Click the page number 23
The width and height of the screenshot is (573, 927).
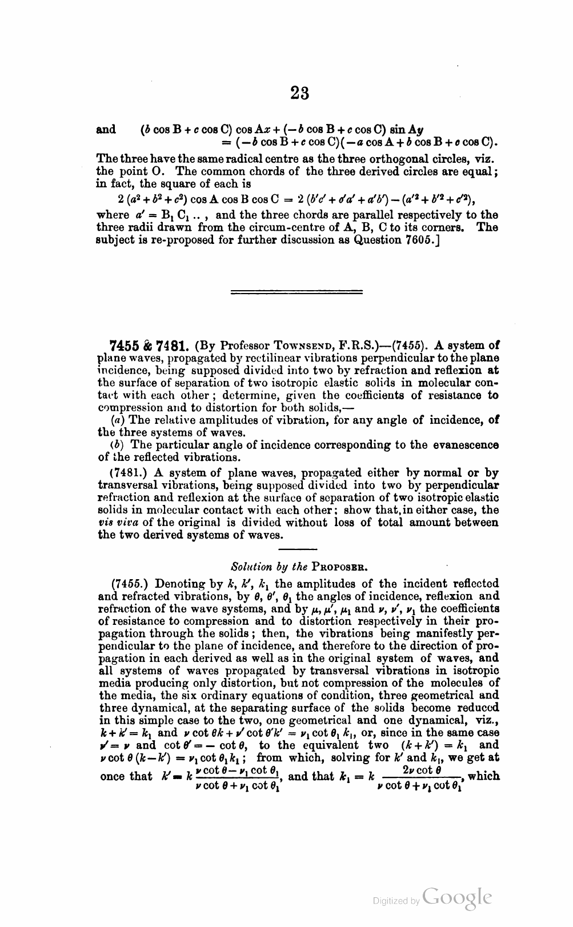pos(299,93)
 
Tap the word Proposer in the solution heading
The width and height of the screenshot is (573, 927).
pos(339,567)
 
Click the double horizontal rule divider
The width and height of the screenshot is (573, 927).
pos(296,292)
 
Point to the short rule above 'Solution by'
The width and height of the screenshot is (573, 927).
pos(299,549)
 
